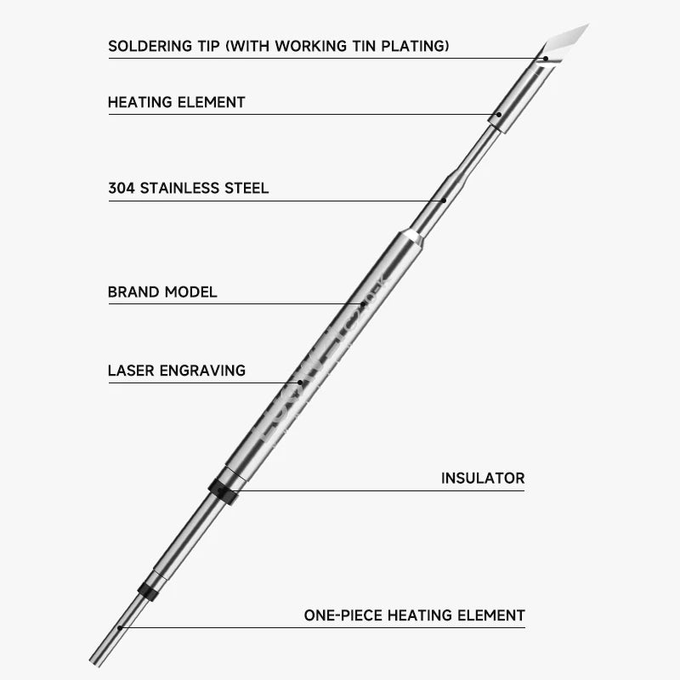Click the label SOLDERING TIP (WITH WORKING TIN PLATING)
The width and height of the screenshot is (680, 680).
coord(279,46)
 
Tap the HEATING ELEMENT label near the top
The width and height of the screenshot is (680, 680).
coord(176,103)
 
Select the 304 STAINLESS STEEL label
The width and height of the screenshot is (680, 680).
coord(188,188)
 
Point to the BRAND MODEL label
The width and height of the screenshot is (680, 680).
coord(162,292)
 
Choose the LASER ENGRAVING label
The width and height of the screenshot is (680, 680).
coord(176,371)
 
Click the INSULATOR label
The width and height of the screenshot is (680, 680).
coord(482,479)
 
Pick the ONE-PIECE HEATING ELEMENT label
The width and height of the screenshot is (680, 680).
coord(414,615)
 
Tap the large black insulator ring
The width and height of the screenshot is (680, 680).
coord(224,490)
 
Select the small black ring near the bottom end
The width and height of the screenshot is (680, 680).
coord(149,591)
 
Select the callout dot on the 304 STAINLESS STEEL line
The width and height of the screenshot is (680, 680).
coord(444,201)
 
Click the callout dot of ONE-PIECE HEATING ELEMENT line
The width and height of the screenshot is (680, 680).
coord(121,628)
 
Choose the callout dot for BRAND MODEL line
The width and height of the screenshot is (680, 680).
coord(364,303)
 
